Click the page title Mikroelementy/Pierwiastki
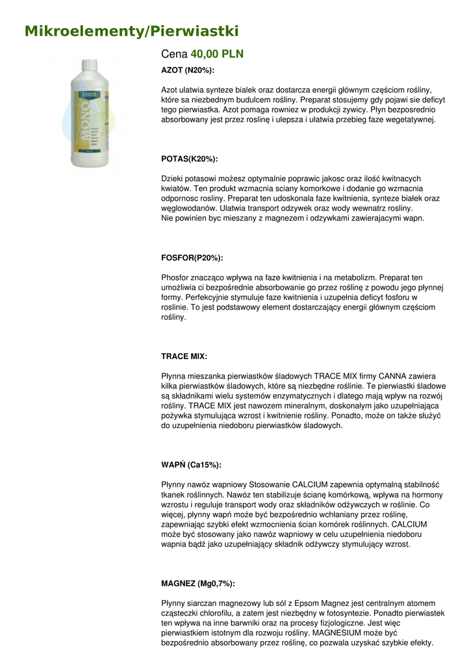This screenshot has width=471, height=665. pos(132,31)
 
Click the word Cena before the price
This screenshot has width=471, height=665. pos(174,54)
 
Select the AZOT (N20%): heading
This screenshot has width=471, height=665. pos(188,69)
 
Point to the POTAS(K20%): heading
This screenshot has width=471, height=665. pos(190,158)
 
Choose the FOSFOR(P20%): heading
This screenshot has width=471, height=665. pos(192,258)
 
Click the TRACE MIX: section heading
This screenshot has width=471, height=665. pos(185,357)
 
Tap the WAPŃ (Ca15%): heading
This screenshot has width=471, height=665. pos(191,465)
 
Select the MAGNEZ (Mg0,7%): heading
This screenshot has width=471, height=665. pos(198,583)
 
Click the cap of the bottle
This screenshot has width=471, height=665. pos(86,65)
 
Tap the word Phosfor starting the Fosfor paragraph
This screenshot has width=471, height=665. pos(176,277)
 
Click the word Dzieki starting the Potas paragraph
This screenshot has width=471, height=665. pos(173,179)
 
